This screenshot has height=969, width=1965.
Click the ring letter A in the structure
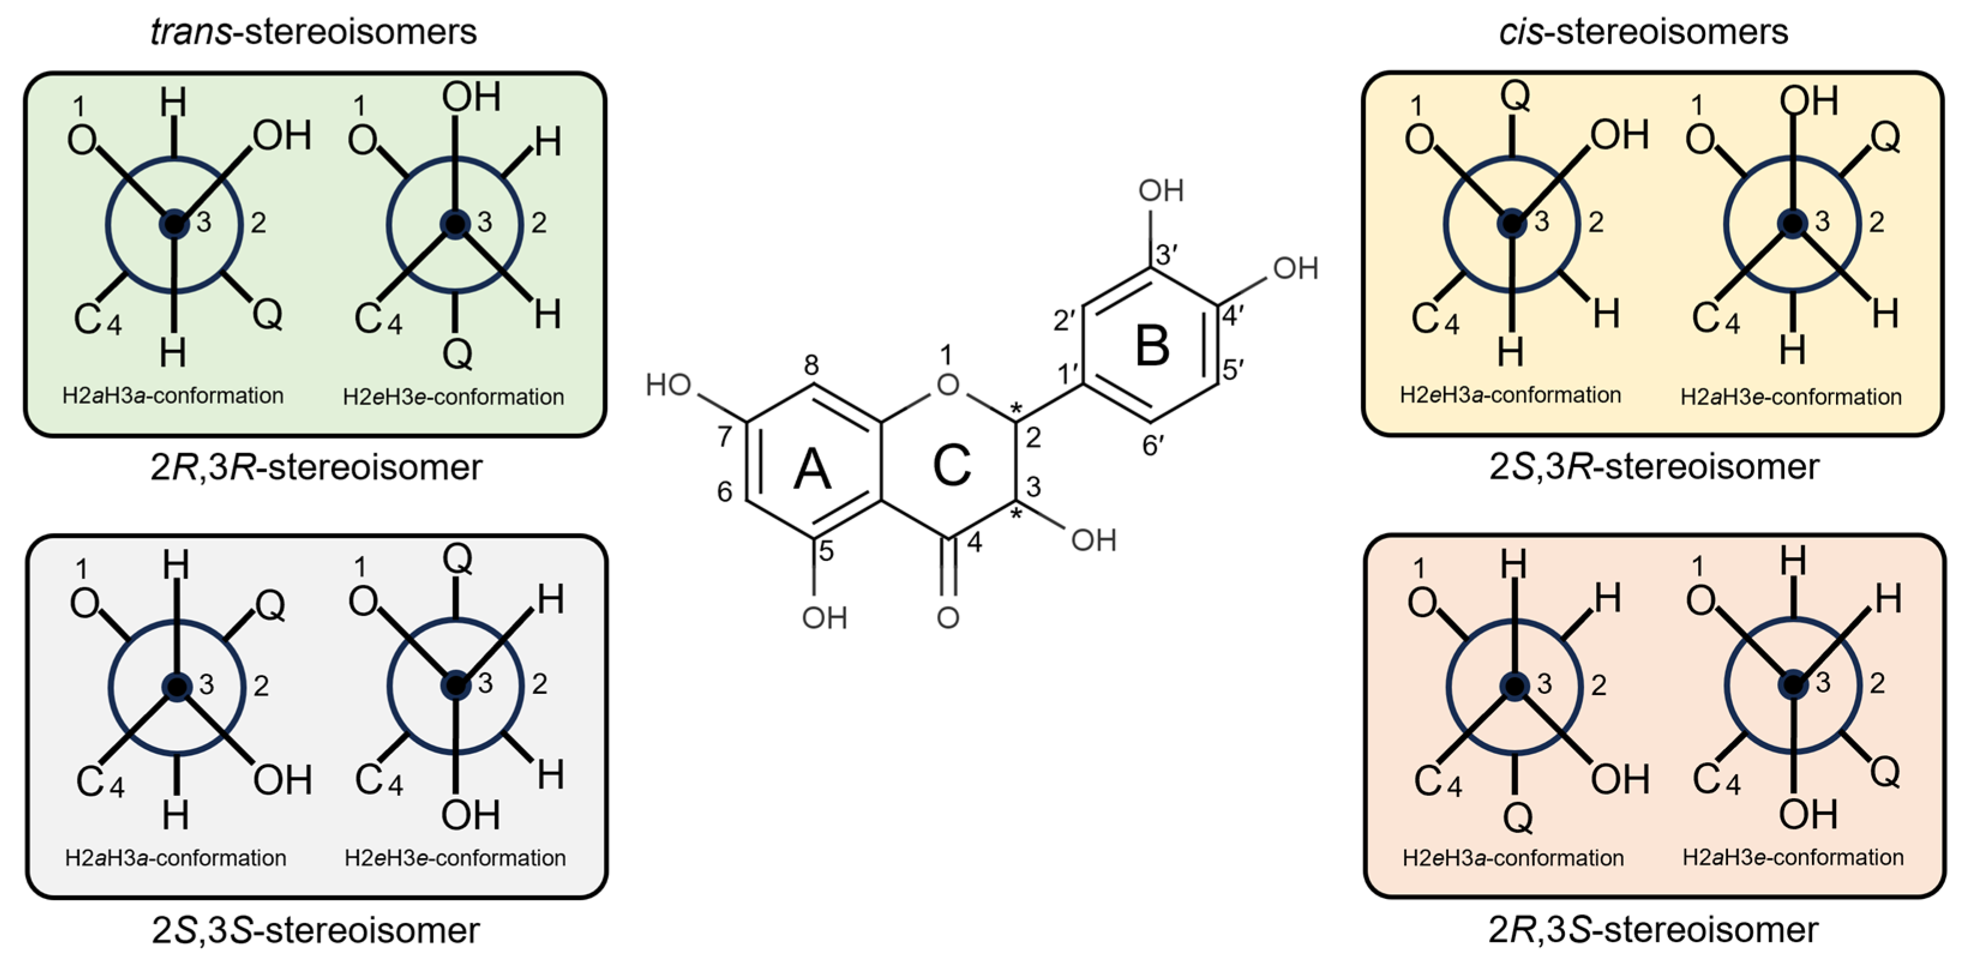coord(812,467)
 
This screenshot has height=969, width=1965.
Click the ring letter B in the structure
coord(1152,345)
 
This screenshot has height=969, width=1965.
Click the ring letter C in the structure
coord(951,464)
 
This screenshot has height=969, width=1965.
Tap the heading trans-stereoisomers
coord(314,32)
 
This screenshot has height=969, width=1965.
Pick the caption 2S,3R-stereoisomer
coord(1654,467)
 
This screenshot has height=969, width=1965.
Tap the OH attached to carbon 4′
coord(1295,268)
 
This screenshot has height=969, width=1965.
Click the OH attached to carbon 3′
coord(1161,191)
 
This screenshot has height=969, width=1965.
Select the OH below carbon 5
coord(824,618)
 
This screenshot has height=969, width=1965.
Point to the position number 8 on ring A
coord(812,365)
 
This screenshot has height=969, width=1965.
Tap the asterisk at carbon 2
coord(1015,409)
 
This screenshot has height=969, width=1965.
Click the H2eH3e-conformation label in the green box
coord(453,397)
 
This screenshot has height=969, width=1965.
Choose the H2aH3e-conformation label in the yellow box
coord(1790,397)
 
